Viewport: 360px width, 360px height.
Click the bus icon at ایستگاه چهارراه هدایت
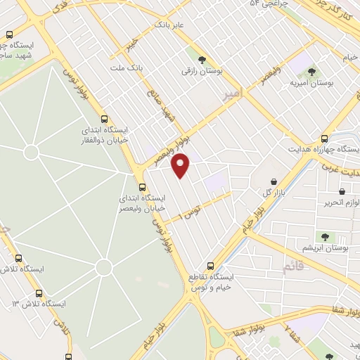coord(324,139)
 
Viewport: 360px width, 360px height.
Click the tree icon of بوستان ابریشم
coord(326,237)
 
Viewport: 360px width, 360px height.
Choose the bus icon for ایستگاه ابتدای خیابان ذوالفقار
coord(104,120)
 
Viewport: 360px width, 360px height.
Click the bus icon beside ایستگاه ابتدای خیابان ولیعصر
coord(143,187)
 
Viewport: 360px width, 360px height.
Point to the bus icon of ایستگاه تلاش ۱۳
coord(39,293)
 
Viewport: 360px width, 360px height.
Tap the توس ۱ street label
coord(191,210)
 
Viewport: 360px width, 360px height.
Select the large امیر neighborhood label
coord(232,94)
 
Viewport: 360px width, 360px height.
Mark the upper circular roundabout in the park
coord(31,152)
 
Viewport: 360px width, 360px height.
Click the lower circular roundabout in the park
coord(104,266)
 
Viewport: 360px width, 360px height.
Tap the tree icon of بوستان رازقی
coord(202,60)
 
